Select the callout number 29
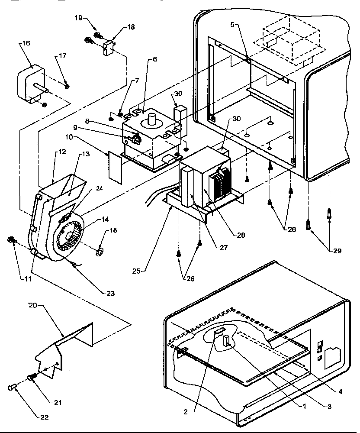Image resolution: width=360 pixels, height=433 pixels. pos(335,250)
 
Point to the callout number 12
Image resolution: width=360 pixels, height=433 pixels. pos(63,152)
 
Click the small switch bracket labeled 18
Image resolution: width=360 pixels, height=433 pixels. pos(108,45)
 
